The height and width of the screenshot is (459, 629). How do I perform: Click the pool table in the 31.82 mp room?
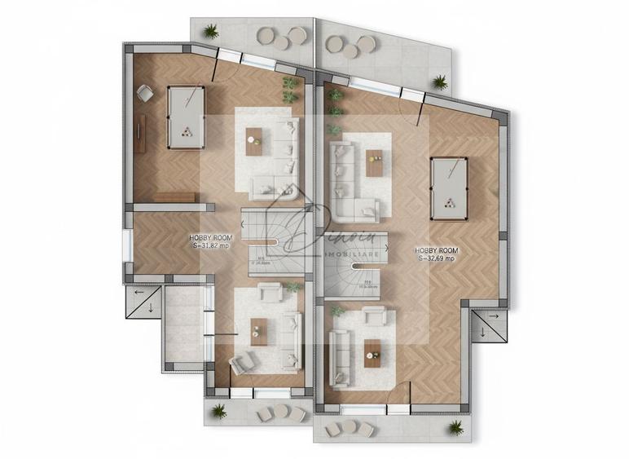pyautogui.click(x=185, y=117)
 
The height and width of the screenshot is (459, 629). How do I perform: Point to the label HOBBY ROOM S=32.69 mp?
pyautogui.click(x=438, y=254)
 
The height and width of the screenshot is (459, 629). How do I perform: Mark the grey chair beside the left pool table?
pyautogui.click(x=144, y=95)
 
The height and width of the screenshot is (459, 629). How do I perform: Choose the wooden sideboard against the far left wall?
pyautogui.click(x=140, y=135)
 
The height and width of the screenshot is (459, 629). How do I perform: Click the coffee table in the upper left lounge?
pyautogui.click(x=254, y=141)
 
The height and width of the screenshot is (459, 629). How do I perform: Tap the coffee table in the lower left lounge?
pyautogui.click(x=258, y=331)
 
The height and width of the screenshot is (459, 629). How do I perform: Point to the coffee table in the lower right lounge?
pyautogui.click(x=372, y=349)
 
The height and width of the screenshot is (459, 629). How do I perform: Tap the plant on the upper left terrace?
pyautogui.click(x=212, y=32)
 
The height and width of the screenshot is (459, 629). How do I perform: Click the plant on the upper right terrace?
pyautogui.click(x=440, y=82)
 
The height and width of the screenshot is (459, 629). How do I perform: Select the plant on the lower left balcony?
pyautogui.click(x=219, y=412)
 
